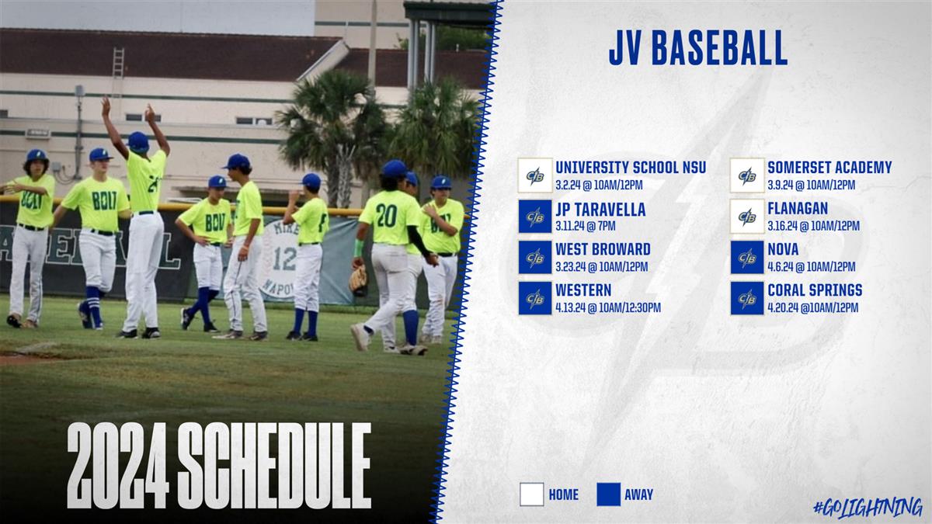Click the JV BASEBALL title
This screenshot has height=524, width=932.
697,48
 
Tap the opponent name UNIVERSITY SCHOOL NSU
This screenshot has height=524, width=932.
631,168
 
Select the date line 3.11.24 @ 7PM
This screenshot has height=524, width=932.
585,226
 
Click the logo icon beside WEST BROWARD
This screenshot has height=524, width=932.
535,258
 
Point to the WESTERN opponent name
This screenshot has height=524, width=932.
583,290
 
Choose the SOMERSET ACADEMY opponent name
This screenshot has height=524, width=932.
829,168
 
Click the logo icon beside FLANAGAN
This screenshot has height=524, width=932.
747,217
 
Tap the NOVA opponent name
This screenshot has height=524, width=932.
783,249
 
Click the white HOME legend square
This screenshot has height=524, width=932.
532,495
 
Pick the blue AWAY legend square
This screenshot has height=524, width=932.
609,495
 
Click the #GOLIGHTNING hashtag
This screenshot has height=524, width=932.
868,508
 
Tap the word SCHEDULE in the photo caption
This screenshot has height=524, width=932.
274,465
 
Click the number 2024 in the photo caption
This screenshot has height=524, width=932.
118,465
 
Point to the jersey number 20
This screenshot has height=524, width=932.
387,217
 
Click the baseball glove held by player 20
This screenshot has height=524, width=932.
358,280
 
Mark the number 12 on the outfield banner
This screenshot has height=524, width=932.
284,259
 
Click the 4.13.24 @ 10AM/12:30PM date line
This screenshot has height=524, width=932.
608,307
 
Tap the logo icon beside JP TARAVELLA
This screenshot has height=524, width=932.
535,217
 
